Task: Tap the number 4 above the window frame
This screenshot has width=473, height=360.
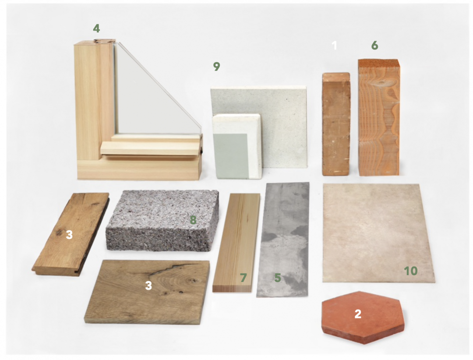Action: pos(96,28)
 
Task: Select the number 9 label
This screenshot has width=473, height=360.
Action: pos(217,67)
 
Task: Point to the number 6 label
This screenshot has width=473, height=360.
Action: pos(374,45)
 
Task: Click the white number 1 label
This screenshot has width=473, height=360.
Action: pos(334,45)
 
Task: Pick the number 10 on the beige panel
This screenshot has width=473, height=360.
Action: pos(410,271)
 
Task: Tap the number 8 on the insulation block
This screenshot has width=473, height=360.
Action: pos(193,220)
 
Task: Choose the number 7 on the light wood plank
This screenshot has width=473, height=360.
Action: pos(244,278)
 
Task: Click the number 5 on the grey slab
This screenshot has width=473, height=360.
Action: pos(278,278)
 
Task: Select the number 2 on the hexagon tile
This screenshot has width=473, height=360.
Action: pos(358,314)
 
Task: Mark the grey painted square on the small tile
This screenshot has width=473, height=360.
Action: pos(231,156)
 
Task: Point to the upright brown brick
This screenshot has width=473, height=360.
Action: pos(336,124)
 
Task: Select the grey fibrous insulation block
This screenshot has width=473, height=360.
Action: pos(162,220)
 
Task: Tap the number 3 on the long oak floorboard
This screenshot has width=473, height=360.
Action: pos(69,234)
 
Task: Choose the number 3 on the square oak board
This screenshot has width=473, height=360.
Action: pos(148,286)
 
